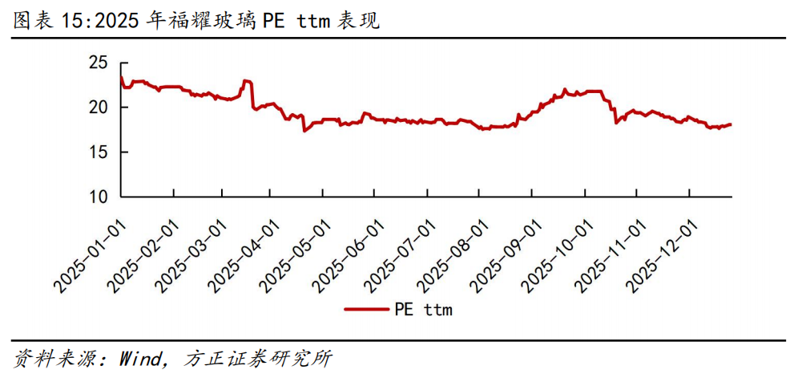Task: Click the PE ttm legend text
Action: coord(423,309)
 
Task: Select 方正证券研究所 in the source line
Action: coord(258,359)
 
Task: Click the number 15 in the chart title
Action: coord(73,21)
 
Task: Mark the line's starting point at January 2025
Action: coord(121,77)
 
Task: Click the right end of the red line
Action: coord(731,124)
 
